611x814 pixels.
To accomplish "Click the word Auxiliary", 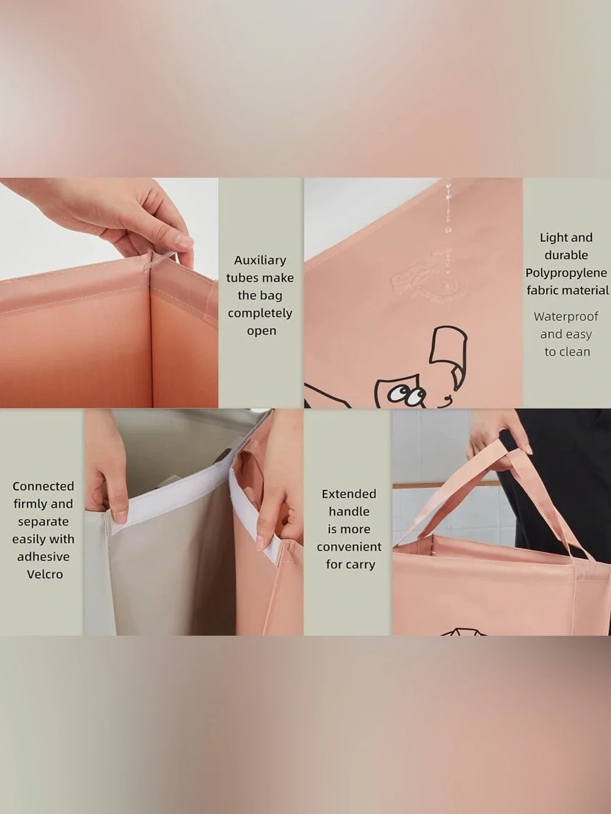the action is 260,261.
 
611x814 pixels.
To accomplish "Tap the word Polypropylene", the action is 566,274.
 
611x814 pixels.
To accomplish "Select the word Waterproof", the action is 566,316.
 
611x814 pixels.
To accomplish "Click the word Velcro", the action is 45,575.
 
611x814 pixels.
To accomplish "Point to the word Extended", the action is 349,494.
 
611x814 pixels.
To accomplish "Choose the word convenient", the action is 349,547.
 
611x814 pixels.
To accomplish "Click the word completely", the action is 260,314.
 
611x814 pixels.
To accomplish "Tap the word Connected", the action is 43,486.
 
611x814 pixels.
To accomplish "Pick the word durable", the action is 566,255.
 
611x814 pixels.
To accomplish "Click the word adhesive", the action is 43,557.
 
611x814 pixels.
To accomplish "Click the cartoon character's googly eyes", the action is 406,395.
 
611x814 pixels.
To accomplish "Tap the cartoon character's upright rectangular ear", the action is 448,345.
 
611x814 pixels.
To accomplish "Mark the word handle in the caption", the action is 349,512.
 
